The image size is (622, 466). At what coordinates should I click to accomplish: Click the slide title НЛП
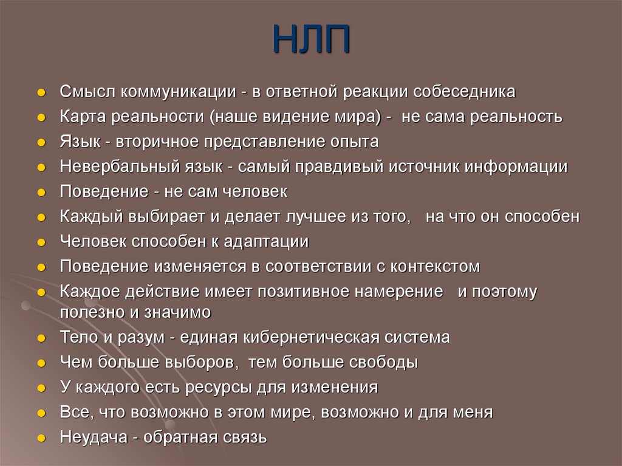[x=310, y=39]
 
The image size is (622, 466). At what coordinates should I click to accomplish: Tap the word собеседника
[x=465, y=92]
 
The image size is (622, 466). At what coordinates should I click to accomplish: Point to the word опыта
[x=352, y=142]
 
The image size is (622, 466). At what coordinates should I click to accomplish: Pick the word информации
[x=516, y=166]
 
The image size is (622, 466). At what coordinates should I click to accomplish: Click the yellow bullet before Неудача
[x=41, y=437]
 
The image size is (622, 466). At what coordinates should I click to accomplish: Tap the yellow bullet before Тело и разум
[x=41, y=338]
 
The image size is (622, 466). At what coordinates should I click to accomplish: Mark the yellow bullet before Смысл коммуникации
[x=41, y=92]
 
